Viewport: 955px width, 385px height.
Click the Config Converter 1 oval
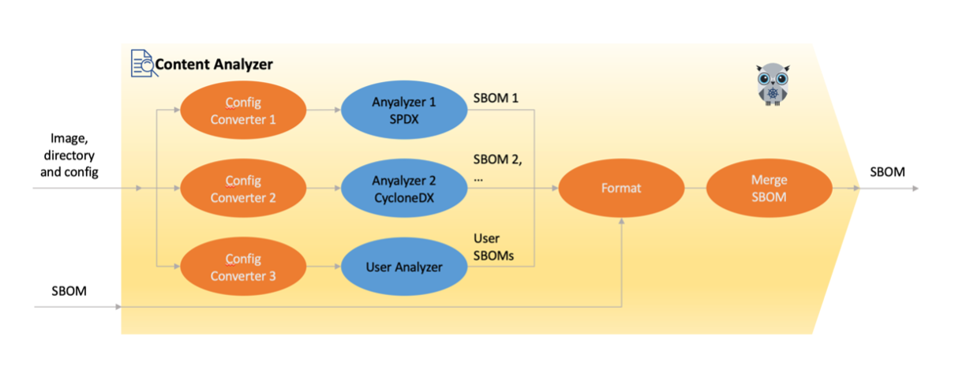point(242,110)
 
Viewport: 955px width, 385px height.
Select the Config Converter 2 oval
point(242,189)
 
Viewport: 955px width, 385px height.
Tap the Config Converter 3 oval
point(242,267)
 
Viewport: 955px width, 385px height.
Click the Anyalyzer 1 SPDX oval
point(403,110)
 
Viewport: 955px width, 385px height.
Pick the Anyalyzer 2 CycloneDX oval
point(403,189)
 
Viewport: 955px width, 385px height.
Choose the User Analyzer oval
point(403,267)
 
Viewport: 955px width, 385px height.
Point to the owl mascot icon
point(772,84)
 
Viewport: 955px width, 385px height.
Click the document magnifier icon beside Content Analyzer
point(142,63)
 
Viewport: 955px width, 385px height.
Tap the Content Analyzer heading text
point(214,64)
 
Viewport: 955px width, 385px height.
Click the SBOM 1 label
point(495,99)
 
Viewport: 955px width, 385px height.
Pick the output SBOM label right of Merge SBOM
point(887,172)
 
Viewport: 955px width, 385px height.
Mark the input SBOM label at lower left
point(69,291)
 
